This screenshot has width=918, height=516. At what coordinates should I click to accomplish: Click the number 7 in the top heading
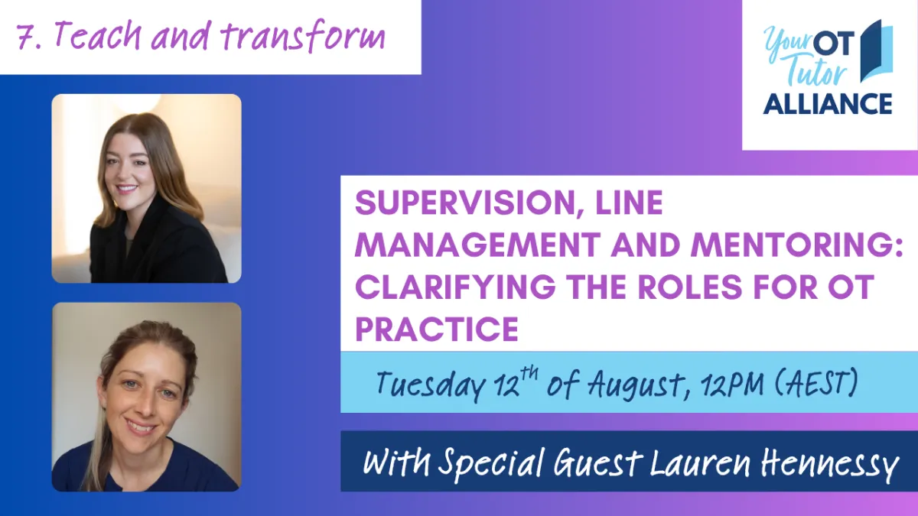click(x=26, y=37)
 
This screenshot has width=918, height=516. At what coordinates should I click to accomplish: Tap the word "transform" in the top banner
click(x=302, y=36)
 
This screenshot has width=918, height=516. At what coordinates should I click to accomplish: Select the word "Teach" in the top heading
click(x=98, y=35)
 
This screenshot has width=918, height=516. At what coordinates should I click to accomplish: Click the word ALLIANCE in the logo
click(x=828, y=104)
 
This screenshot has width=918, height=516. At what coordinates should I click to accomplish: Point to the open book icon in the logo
click(x=877, y=51)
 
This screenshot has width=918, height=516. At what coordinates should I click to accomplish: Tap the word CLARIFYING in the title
click(x=455, y=287)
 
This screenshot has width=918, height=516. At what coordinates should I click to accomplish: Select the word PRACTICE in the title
click(x=437, y=329)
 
